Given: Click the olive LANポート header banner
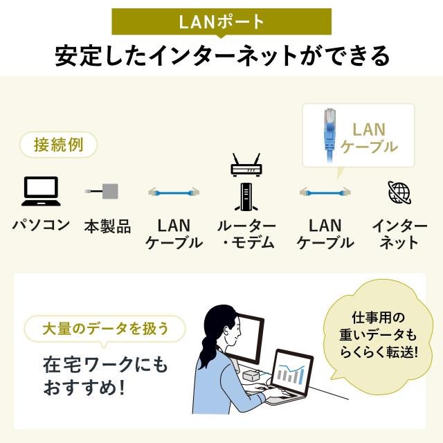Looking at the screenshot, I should pos(221,21).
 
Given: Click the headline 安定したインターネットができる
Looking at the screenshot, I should pos(221,55).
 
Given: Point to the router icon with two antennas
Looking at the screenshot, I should pos(244,165).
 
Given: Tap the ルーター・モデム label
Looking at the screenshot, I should pos(246,234).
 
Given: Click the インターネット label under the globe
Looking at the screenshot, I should pos(400,234).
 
